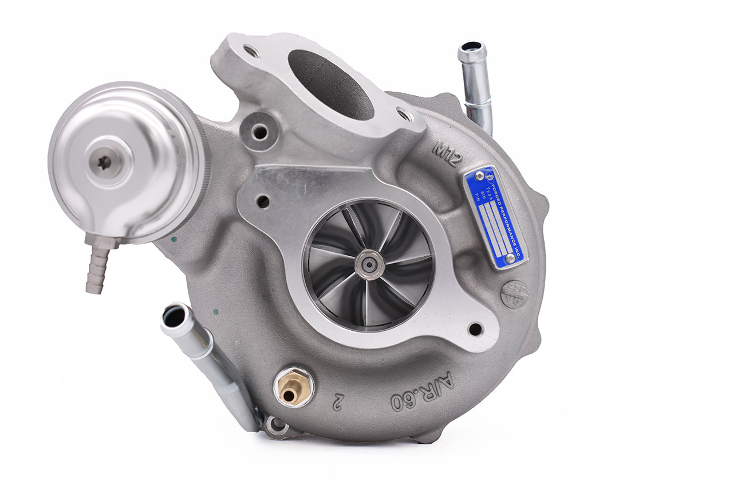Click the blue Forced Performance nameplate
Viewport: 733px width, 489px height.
click(495, 217)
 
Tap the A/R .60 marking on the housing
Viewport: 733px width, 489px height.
click(422, 392)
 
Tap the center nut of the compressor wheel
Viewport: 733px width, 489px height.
click(369, 264)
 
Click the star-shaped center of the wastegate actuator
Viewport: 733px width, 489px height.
click(104, 163)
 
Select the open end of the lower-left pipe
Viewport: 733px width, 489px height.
click(174, 316)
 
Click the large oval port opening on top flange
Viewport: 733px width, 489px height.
click(331, 84)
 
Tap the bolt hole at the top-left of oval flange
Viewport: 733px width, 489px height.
click(251, 51)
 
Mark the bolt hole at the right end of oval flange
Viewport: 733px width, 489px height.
click(405, 115)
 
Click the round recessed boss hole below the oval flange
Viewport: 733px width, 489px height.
click(260, 132)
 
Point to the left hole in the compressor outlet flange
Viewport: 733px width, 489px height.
click(263, 201)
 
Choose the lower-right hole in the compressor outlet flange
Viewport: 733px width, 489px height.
click(475, 329)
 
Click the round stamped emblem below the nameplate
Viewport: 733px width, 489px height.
click(514, 294)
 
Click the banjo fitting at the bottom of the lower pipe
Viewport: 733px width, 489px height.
click(277, 425)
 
